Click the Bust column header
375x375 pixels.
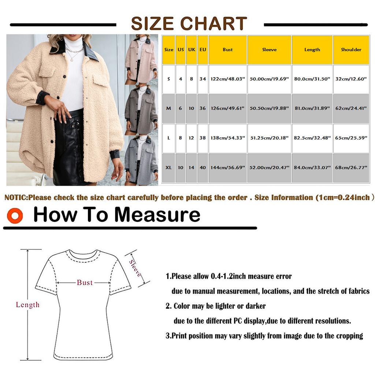[x=227, y=50]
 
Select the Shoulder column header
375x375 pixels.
[x=351, y=50]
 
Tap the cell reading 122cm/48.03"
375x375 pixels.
[x=227, y=79]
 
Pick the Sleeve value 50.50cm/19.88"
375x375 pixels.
[x=269, y=108]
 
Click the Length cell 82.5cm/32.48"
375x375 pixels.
[x=312, y=138]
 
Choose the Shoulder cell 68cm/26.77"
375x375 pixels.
[x=351, y=167]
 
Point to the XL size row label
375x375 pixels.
[x=168, y=167]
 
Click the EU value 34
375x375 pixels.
[x=203, y=79]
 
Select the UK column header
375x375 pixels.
[x=192, y=50]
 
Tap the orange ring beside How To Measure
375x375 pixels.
[x=15, y=216]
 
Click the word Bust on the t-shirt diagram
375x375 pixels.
[x=85, y=282]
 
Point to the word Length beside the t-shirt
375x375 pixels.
[x=27, y=305]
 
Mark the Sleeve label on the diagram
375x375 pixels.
[x=135, y=268]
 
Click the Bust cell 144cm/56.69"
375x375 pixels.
[x=227, y=167]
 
